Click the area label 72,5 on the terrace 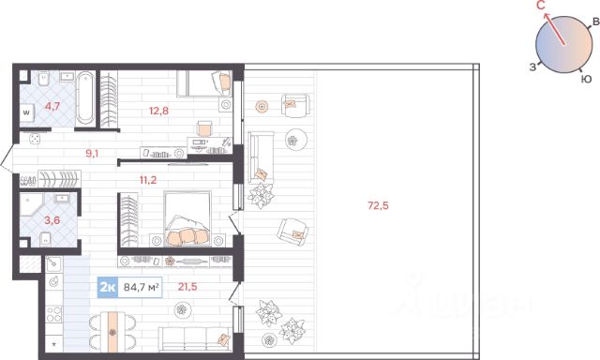click(378, 206)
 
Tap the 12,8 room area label click(158, 112)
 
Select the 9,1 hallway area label click(92, 154)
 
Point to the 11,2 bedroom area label click(148, 180)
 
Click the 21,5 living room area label click(187, 287)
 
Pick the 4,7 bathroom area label click(52, 106)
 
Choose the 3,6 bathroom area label click(52, 220)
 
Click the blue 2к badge click(108, 287)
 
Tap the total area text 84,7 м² click(141, 287)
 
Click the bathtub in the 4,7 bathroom click(85, 97)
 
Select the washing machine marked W click(27, 112)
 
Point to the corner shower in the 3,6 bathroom click(32, 204)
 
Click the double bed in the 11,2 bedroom click(187, 218)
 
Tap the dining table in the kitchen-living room click(112, 332)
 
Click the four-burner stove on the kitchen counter click(53, 314)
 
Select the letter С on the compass click(541, 6)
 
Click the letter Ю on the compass click(586, 79)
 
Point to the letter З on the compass click(532, 67)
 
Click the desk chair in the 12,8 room click(204, 128)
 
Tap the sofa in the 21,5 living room click(195, 338)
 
